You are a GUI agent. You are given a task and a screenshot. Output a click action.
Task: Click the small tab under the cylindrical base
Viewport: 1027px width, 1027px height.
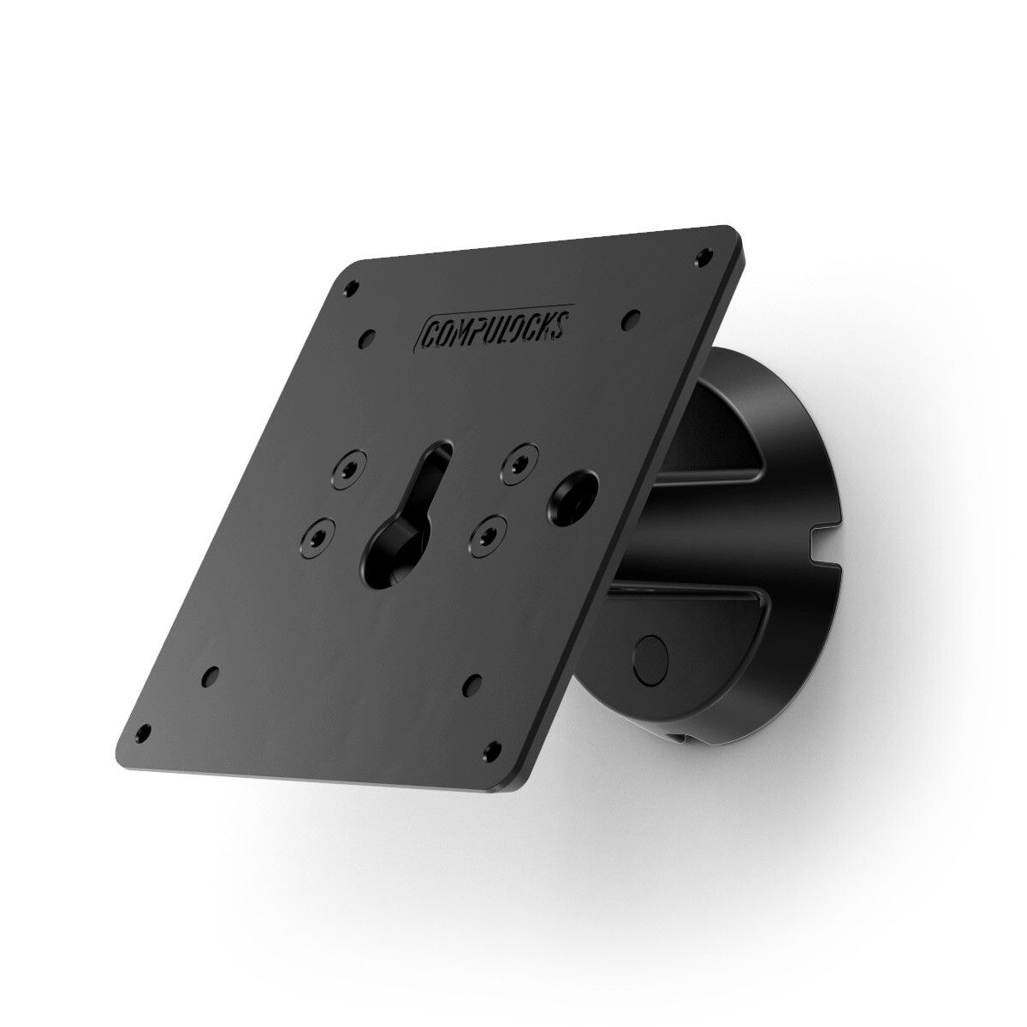click(x=678, y=738)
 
